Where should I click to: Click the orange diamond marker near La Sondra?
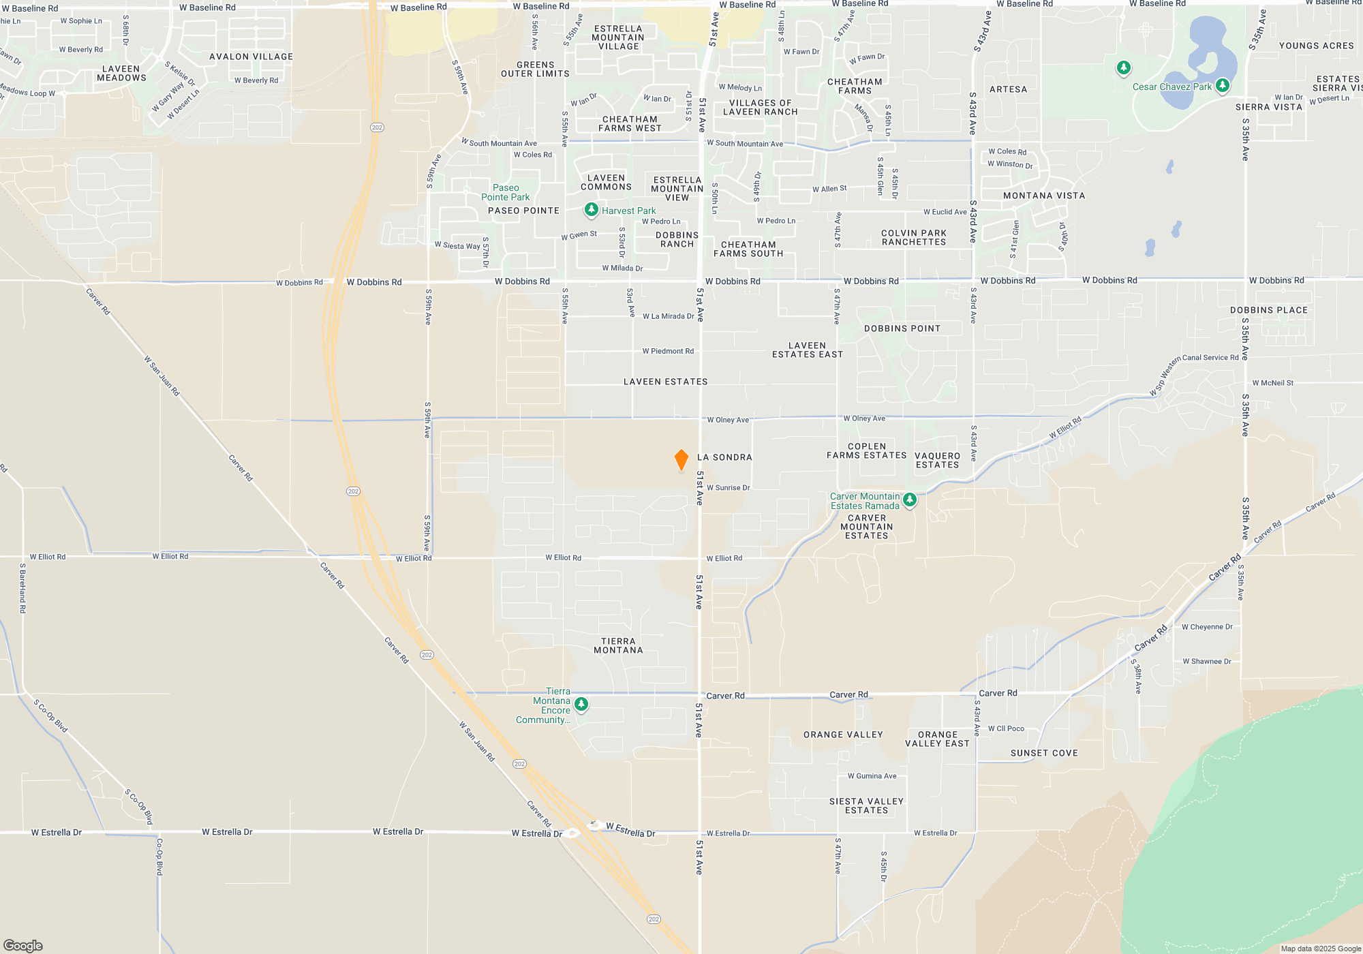point(681,459)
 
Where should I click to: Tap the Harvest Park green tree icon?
point(591,210)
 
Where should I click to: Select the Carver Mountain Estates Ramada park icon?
point(909,500)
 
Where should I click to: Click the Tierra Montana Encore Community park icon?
point(581,704)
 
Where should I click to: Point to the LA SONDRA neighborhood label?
point(724,457)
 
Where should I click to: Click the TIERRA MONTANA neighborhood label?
point(618,645)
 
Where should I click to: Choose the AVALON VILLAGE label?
point(251,57)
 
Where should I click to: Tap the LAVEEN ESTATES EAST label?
point(807,350)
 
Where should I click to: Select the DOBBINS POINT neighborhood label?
point(902,328)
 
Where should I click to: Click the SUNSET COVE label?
point(1044,753)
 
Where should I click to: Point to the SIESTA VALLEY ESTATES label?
point(866,805)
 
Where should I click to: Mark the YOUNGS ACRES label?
point(1316,46)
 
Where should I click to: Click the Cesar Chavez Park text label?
point(1171,87)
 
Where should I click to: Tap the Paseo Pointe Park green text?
point(505,192)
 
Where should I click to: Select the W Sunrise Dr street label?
point(728,488)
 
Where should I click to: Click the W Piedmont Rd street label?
point(668,351)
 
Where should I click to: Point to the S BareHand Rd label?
point(22,588)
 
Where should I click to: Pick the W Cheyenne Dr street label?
point(1207,627)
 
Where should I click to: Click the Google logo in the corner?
point(23,945)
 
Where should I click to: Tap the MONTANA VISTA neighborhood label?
point(1043,196)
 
